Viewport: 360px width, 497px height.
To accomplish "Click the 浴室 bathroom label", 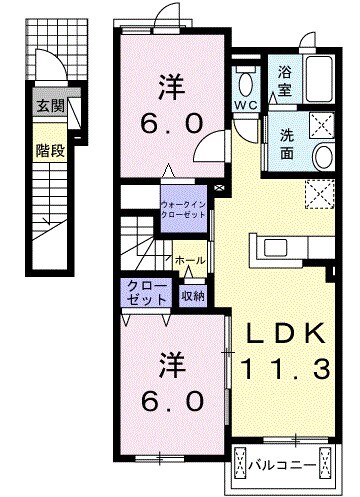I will tap(284, 83).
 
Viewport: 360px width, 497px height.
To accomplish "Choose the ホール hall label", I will tap(190, 260).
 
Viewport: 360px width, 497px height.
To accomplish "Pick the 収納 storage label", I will tap(193, 295).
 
